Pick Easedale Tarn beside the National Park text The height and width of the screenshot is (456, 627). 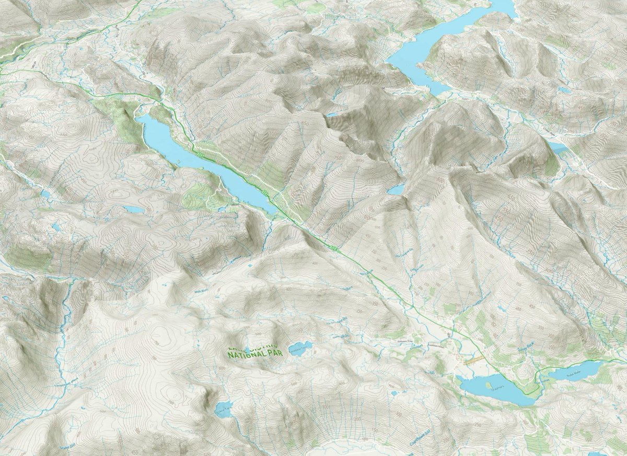click(x=301, y=348)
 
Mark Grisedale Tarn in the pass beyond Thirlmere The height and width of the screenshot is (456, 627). click(x=396, y=189)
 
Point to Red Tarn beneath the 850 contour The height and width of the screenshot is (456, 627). click(x=332, y=113)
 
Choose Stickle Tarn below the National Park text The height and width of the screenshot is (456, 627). click(x=224, y=409)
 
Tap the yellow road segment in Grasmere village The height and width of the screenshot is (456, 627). click(x=473, y=360)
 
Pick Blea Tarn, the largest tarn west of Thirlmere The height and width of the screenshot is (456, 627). click(x=134, y=209)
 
